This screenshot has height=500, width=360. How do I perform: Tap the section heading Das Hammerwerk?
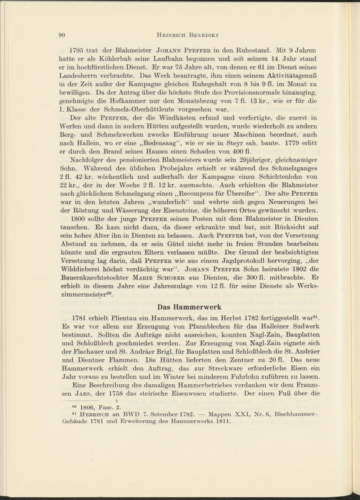click(189, 307)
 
